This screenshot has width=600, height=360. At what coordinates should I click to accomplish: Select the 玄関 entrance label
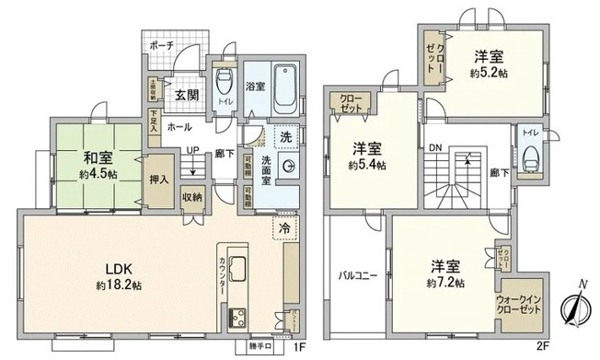click(187, 94)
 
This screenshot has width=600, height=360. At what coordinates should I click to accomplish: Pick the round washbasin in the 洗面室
click(288, 167)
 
